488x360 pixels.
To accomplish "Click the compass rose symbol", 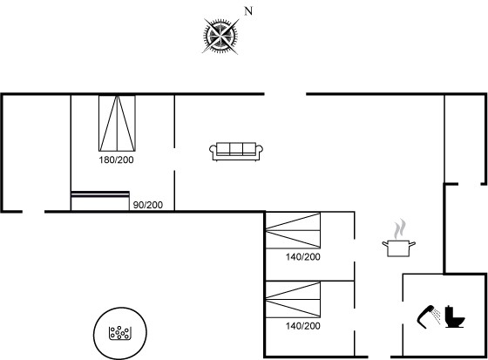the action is [x=220, y=36].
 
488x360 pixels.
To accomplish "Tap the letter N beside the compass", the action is [x=248, y=11].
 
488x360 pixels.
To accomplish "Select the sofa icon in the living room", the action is [x=236, y=152].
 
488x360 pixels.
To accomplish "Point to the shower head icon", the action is [x=426, y=316].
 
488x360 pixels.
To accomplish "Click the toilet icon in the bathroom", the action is [x=454, y=316].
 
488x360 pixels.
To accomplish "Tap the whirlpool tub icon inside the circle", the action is [x=120, y=333].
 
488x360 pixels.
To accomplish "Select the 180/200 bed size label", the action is [x=116, y=160].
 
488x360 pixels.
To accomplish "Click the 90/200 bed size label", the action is [x=148, y=205].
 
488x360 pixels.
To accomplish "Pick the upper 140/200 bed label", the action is [x=303, y=257].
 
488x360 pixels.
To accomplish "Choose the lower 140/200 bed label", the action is [x=303, y=326].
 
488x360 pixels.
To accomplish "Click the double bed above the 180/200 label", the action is [x=117, y=123].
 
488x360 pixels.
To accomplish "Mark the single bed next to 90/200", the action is [x=100, y=200].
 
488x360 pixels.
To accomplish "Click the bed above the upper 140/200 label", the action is [x=293, y=230].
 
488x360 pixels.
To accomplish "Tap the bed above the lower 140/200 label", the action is [x=293, y=300].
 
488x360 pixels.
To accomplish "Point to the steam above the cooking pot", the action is [x=400, y=229].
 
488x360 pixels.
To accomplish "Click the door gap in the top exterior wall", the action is [x=286, y=94].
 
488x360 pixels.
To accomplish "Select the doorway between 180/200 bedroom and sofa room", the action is [x=174, y=160].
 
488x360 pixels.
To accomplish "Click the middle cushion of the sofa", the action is [x=236, y=148].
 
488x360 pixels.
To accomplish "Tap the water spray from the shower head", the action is [x=437, y=316].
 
